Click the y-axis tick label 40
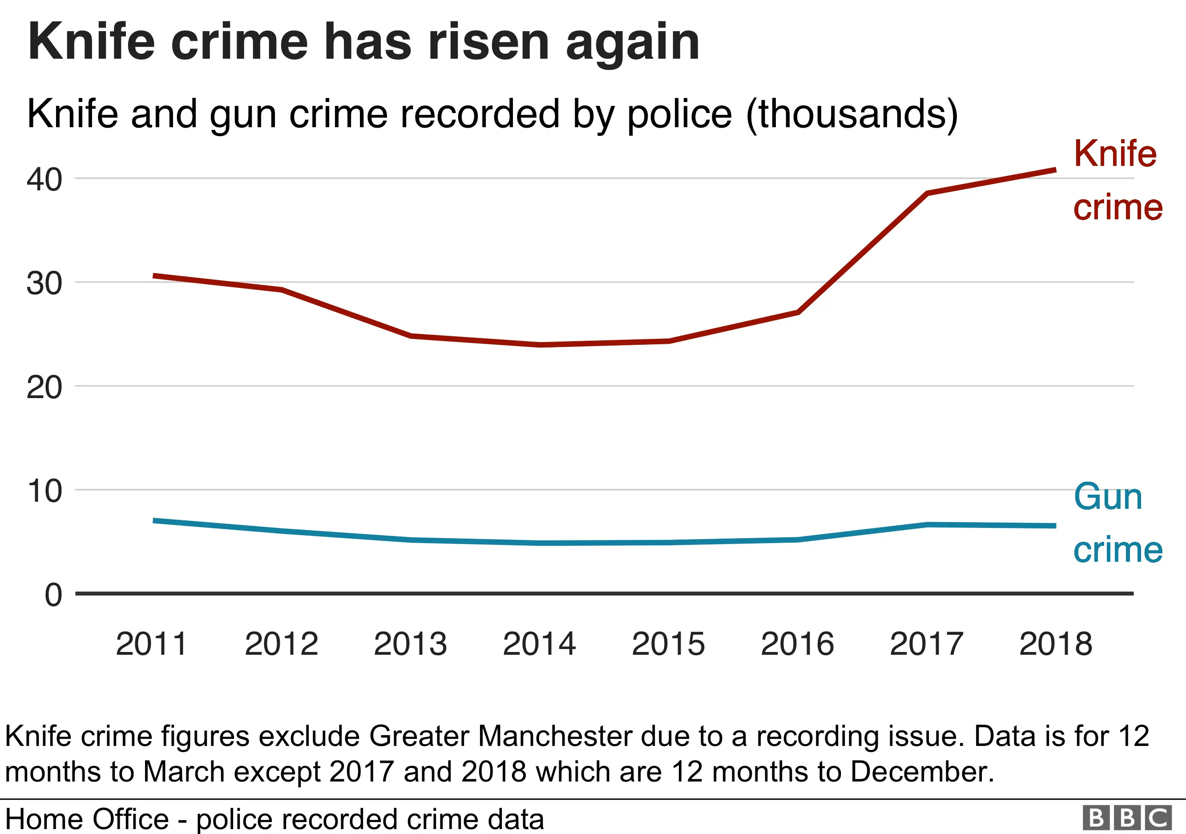[44, 180]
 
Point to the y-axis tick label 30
[44, 284]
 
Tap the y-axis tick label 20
[44, 388]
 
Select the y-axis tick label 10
[44, 491]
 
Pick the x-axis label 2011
[151, 644]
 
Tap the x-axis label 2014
[539, 644]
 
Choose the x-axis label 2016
[797, 644]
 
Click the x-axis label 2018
[1055, 644]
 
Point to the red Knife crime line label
[1117, 181]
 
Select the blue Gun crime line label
[1117, 523]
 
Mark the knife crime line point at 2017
[927, 193]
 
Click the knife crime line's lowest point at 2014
[540, 344]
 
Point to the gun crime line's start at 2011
[154, 520]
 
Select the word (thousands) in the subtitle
[852, 114]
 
